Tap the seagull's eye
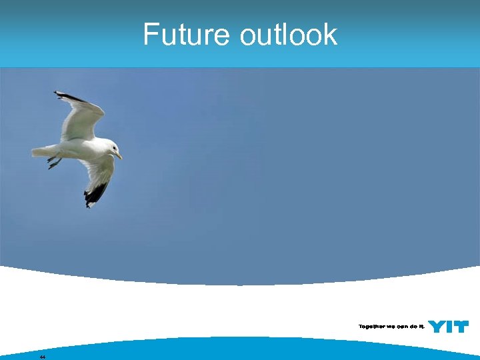tap(114, 148)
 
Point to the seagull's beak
tap(119, 156)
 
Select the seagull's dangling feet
tap(54, 161)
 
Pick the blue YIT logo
tap(448, 327)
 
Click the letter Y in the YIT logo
tap(437, 327)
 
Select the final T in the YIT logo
tap(461, 327)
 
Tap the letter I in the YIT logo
tap(450, 327)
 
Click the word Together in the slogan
tap(372, 327)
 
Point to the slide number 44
tap(43, 357)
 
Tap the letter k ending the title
tap(330, 35)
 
